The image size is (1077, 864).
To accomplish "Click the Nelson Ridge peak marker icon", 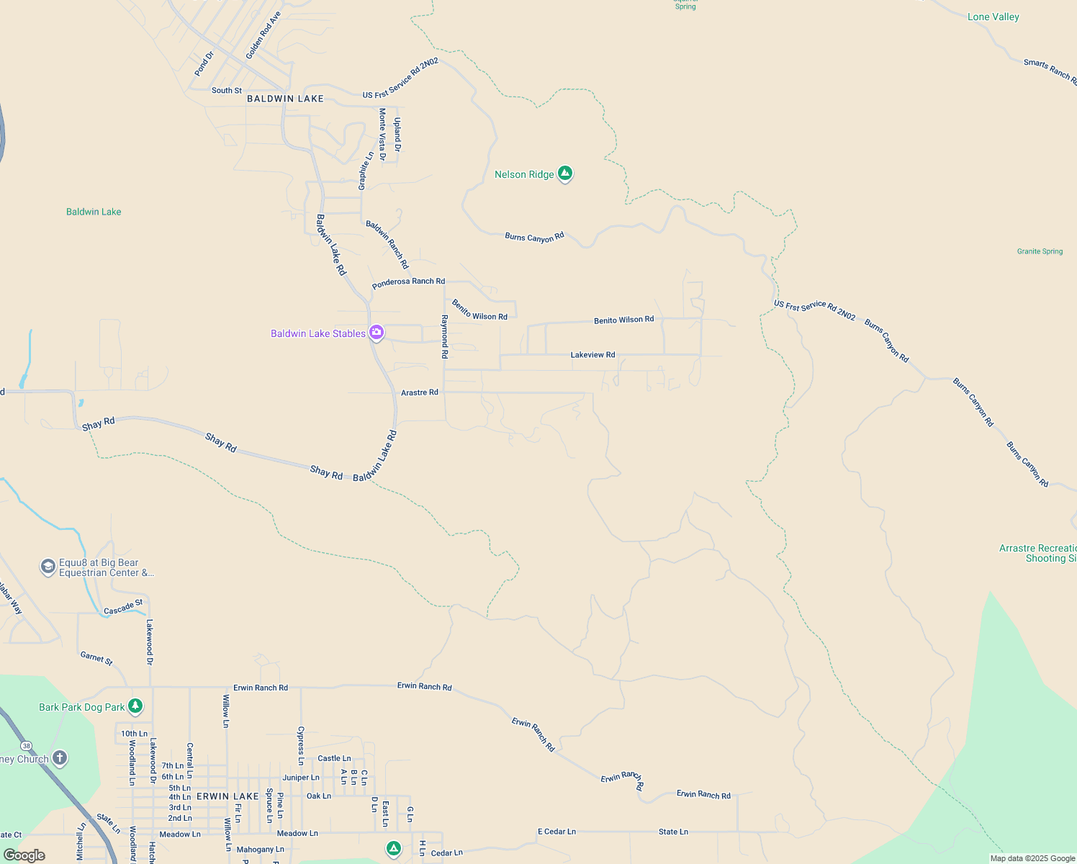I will pos(565,174).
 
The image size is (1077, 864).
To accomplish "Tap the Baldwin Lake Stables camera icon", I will pos(376,333).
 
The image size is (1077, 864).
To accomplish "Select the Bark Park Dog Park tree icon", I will pos(135,706).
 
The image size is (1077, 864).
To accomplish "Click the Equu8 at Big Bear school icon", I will pos(48,567).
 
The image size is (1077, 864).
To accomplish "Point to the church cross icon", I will pos(60,757).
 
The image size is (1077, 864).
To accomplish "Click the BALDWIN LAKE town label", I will pos(285,99).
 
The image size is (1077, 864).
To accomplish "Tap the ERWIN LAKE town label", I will pos(227,796).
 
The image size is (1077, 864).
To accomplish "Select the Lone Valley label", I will pos(993,17).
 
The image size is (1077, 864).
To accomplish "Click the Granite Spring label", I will pos(1040,251).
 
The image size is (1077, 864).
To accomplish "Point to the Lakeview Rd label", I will pos(592,355).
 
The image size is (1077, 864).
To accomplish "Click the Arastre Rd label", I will pos(419,392).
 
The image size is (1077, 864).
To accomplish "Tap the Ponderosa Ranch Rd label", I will pos(408,282).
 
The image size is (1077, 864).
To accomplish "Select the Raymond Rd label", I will pos(445,337).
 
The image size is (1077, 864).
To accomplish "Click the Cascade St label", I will pos(123,608).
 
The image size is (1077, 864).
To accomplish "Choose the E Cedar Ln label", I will pos(556,832).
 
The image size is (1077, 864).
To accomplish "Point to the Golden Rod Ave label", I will pos(263,35).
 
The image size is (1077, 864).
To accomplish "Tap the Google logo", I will pos(24,855).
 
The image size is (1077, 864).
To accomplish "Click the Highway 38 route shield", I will pos(27,745).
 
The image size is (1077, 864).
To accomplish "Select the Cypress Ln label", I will pos(301,746).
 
